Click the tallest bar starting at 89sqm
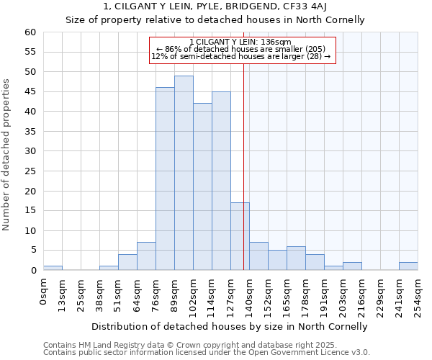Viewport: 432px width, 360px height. pyautogui.click(x=184, y=173)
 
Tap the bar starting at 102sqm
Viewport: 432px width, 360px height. pyautogui.click(x=202, y=186)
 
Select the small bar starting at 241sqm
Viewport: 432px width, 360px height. pyautogui.click(x=408, y=266)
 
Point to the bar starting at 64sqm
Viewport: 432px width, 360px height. pyautogui.click(x=146, y=256)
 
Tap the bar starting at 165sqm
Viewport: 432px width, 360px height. pyautogui.click(x=296, y=258)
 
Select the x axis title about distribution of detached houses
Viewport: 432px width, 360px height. pyautogui.click(x=230, y=326)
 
